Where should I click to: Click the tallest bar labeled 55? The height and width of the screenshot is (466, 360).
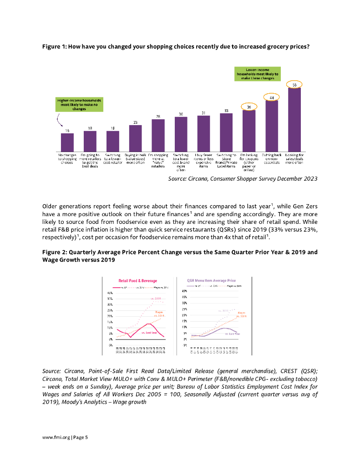pos(294,119)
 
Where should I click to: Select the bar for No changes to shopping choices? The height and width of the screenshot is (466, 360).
pos(67,142)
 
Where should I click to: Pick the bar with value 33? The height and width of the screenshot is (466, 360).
pos(226,132)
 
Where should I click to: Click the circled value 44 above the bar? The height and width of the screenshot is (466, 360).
pos(272,97)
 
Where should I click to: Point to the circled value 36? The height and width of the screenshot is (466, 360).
pos(249,106)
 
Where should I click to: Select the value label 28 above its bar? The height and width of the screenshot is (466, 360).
pos(158,116)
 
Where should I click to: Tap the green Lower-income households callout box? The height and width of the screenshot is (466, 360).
pos(258,74)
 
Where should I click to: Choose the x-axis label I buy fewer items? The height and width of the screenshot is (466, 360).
pos(203,160)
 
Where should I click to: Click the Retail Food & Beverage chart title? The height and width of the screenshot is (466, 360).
pos(137,281)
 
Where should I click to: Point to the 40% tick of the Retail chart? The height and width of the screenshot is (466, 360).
pos(110,292)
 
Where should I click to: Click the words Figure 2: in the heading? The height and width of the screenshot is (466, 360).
pos(54,252)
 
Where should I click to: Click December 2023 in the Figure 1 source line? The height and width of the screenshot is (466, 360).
pos(297,179)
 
